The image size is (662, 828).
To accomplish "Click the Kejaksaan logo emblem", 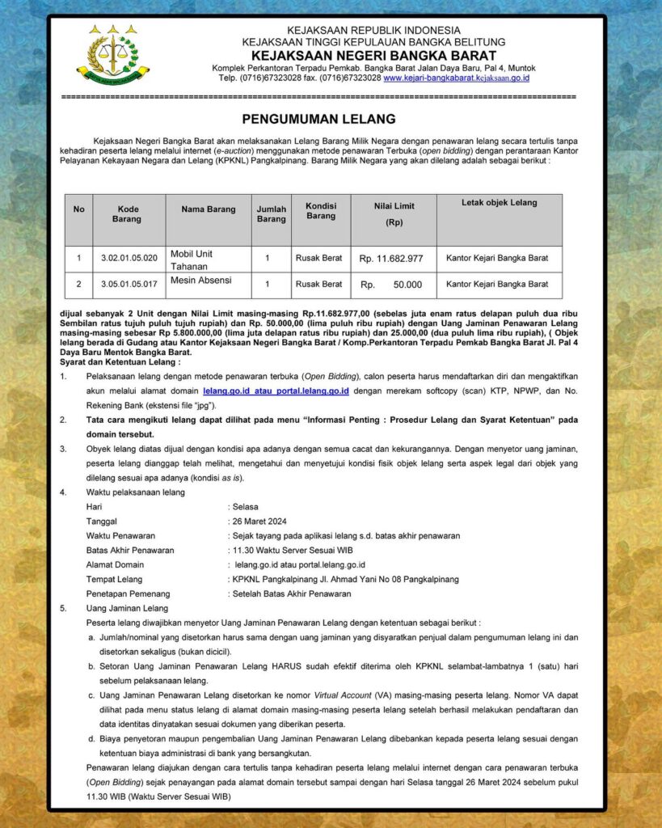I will (x=112, y=55).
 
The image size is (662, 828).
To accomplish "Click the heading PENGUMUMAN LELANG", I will (x=318, y=118).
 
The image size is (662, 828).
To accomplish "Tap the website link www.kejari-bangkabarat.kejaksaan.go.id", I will (x=456, y=78).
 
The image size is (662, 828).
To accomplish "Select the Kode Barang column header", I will (x=129, y=214).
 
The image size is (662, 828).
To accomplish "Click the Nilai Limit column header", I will (x=394, y=214).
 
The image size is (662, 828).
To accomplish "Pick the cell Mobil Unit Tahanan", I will (x=192, y=260).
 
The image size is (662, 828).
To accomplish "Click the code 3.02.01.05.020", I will (x=129, y=259).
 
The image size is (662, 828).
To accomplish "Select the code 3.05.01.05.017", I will (x=129, y=285).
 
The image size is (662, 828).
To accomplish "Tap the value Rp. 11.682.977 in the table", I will (x=391, y=259).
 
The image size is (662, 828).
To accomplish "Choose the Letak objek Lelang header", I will (x=499, y=202).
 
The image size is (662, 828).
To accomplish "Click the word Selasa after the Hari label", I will (x=246, y=506).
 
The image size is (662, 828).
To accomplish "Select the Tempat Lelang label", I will (x=114, y=579).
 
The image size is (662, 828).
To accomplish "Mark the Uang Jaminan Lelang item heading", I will (x=127, y=608).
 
